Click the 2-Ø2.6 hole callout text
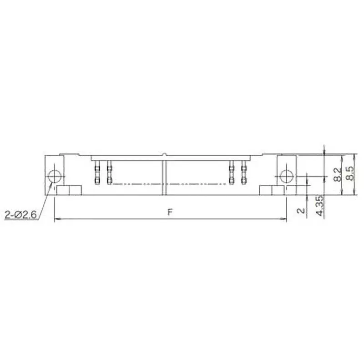20,214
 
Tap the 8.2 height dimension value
338,174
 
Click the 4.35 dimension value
320,206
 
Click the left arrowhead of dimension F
56,220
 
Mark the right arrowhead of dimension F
284,220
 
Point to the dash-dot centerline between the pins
168,184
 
